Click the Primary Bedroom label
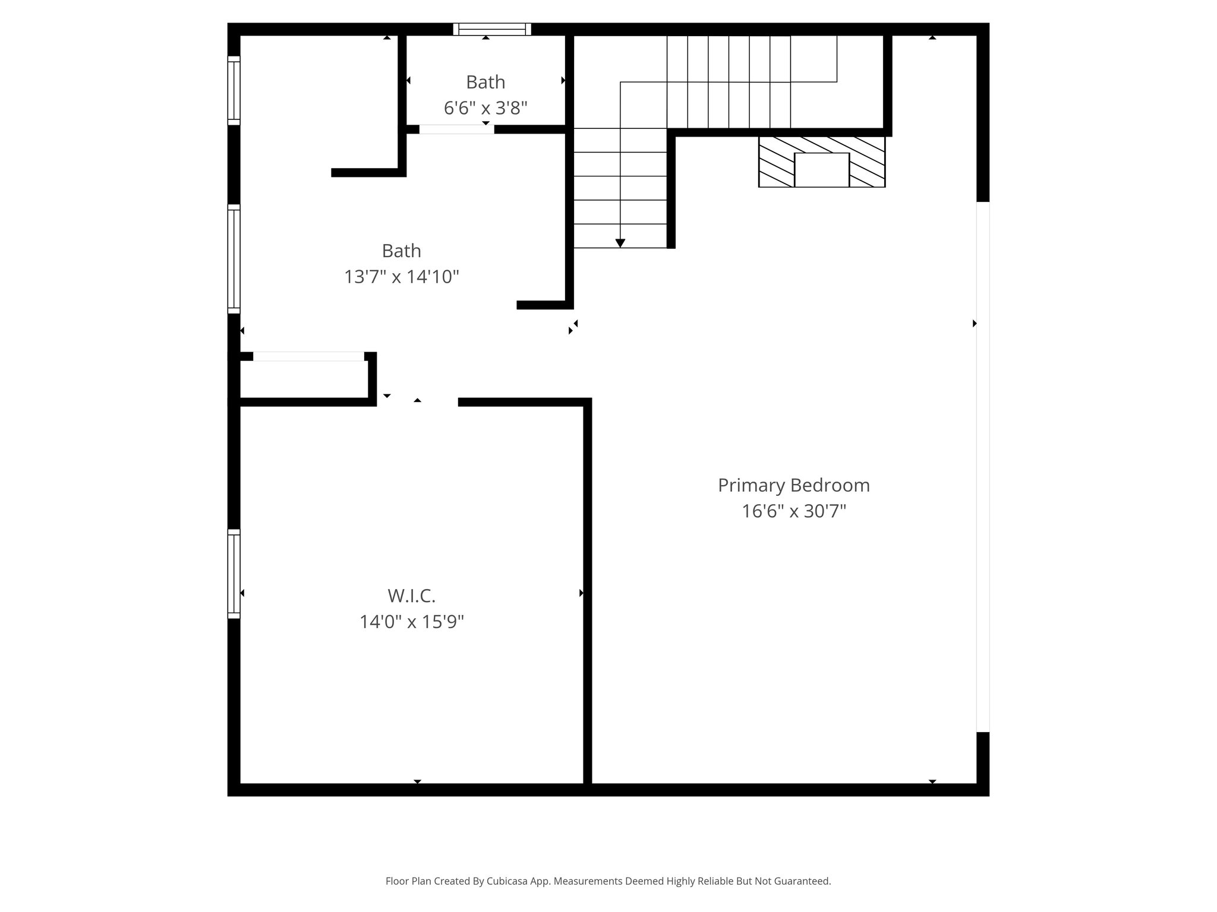pyautogui.click(x=793, y=485)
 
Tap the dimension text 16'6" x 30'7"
pyautogui.click(x=793, y=511)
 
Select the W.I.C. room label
pyautogui.click(x=411, y=596)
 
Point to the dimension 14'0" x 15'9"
pyautogui.click(x=411, y=622)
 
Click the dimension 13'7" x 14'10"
pyautogui.click(x=402, y=277)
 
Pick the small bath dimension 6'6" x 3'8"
pyautogui.click(x=485, y=108)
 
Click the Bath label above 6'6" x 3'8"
pyautogui.click(x=485, y=82)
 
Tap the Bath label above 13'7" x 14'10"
pyautogui.click(x=402, y=251)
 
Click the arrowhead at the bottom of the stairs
pyautogui.click(x=620, y=243)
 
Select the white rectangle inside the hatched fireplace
pyautogui.click(x=822, y=170)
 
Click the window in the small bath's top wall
pyautogui.click(x=492, y=29)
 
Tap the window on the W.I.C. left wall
pyautogui.click(x=234, y=574)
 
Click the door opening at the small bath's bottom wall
pyautogui.click(x=456, y=129)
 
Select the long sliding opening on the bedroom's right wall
pyautogui.click(x=983, y=467)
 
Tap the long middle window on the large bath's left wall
pyautogui.click(x=234, y=259)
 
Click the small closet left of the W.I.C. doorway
pyautogui.click(x=304, y=379)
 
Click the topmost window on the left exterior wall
pyautogui.click(x=234, y=90)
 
